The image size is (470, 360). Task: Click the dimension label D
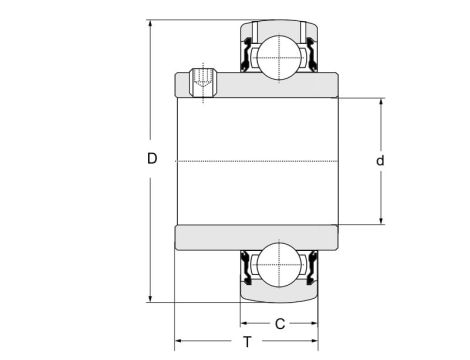pyautogui.click(x=152, y=158)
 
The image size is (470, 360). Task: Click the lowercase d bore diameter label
pyautogui.click(x=381, y=161)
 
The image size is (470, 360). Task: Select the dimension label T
pyautogui.click(x=246, y=342)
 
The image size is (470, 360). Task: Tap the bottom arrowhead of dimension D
pyautogui.click(x=151, y=297)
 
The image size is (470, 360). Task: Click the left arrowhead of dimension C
pyautogui.click(x=244, y=323)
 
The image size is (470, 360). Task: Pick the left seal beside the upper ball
pyautogui.click(x=246, y=56)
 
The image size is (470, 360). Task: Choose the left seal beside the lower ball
pyautogui.click(x=246, y=266)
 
